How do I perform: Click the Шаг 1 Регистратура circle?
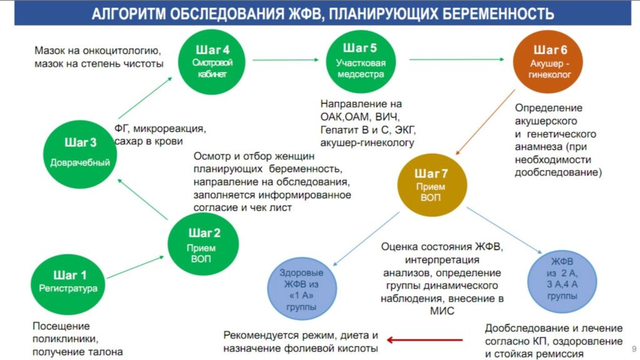point(67,284)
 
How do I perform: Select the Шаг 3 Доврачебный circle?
point(80,154)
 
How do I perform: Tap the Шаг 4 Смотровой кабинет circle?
point(212,62)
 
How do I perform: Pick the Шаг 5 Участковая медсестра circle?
point(361,61)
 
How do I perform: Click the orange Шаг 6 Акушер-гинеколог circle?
point(548,62)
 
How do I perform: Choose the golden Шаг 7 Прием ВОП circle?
point(432,185)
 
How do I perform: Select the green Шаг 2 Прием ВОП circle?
point(203,244)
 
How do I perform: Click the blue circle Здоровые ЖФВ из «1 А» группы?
point(302,288)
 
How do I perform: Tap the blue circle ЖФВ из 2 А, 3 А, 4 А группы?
point(562,281)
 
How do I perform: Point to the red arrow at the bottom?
point(424,339)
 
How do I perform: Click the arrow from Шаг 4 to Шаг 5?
point(285,60)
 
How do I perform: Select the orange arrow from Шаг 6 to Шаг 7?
point(485,122)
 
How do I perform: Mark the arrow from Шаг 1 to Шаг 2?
point(135,267)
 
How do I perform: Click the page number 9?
point(634,349)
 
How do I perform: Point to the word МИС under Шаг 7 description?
point(442,311)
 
